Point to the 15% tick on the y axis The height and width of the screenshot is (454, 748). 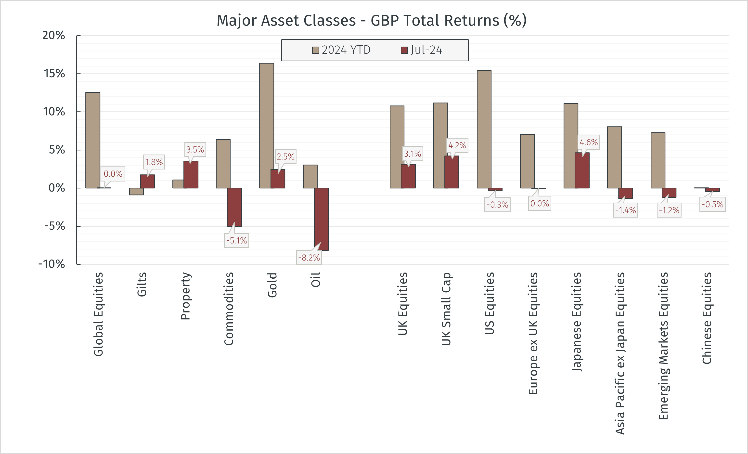[x=54, y=74]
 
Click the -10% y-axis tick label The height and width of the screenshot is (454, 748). [x=52, y=264]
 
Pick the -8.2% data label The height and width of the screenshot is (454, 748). [x=309, y=258]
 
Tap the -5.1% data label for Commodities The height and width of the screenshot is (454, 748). [x=236, y=241]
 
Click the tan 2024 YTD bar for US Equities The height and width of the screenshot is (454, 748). [x=484, y=129]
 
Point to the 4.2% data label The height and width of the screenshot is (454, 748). [x=457, y=145]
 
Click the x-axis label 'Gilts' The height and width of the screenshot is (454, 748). [x=142, y=284]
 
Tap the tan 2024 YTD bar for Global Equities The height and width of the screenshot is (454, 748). [x=93, y=140]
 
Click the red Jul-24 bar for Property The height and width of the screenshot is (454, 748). [x=191, y=174]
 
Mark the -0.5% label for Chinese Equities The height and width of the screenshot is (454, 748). [x=712, y=204]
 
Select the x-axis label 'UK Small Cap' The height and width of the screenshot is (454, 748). [x=446, y=309]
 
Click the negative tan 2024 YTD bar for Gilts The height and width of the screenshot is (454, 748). [x=136, y=191]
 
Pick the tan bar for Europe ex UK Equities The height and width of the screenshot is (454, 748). [x=527, y=161]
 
